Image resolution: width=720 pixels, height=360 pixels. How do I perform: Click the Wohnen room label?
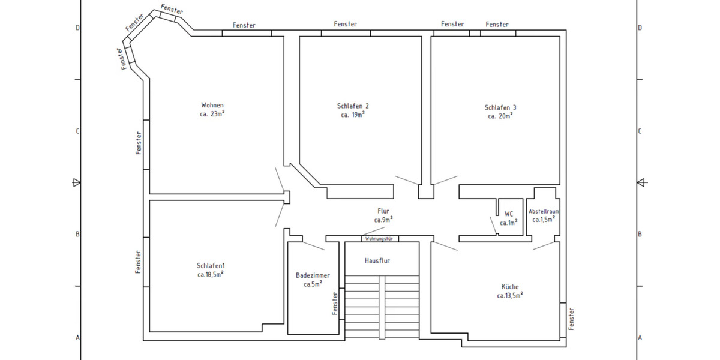tap(212, 105)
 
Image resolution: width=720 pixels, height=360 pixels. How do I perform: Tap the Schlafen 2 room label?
tap(353, 106)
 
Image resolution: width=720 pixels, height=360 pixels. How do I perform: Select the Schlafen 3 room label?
tap(500, 108)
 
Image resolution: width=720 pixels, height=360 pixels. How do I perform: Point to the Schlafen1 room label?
tap(211, 266)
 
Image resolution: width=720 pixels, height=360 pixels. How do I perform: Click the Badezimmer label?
tap(313, 275)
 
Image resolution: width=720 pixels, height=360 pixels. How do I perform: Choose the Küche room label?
tap(510, 287)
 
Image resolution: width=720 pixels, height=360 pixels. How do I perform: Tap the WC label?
tap(509, 214)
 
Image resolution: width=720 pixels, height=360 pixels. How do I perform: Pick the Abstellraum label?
tap(544, 212)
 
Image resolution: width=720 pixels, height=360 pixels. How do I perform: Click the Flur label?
tap(383, 211)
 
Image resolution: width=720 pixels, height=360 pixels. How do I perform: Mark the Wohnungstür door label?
tap(379, 239)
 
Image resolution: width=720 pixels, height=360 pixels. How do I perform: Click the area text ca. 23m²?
tap(212, 114)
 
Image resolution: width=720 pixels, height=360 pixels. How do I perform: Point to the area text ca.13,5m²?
tap(510, 295)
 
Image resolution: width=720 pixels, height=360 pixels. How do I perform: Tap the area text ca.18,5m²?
tap(211, 274)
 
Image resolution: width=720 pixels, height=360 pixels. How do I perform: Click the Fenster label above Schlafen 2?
tap(346, 25)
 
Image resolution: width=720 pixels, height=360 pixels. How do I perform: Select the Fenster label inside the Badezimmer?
tap(335, 304)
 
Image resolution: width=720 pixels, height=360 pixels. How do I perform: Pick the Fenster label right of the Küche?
tap(572, 318)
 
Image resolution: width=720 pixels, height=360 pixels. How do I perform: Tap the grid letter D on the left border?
tap(77, 28)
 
